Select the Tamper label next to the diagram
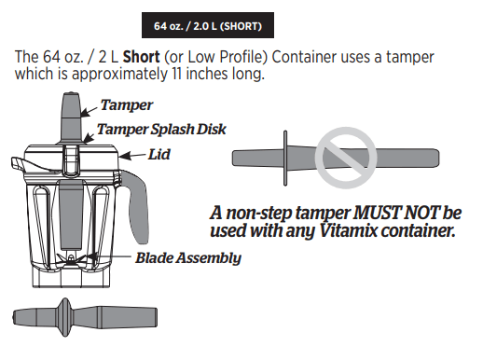click(126, 105)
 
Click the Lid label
click(160, 154)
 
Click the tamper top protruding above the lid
click(72, 112)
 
